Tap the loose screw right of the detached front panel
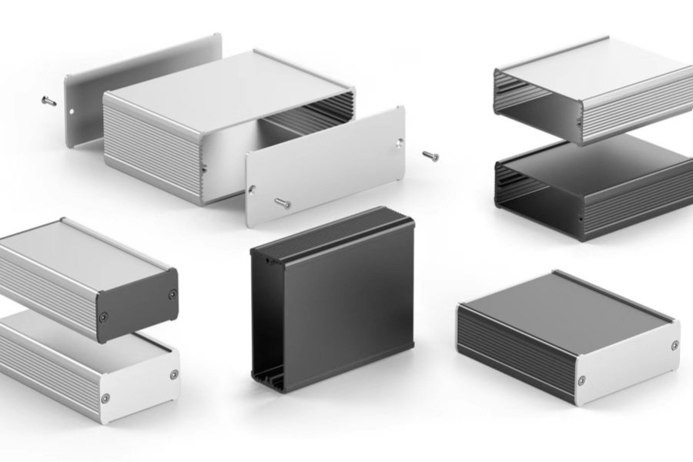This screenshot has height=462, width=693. [x=430, y=156]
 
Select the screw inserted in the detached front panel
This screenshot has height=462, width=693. [x=283, y=203]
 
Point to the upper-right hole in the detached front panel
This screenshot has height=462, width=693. [x=399, y=142]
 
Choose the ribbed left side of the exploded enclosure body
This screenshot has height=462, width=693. [x=150, y=150]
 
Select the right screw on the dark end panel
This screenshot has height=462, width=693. [x=172, y=293]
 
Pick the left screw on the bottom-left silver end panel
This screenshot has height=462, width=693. [x=105, y=398]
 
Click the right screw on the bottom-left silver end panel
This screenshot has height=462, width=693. [x=174, y=374]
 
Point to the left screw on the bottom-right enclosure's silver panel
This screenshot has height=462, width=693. [x=581, y=380]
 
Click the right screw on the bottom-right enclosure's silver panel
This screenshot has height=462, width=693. [x=675, y=345]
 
